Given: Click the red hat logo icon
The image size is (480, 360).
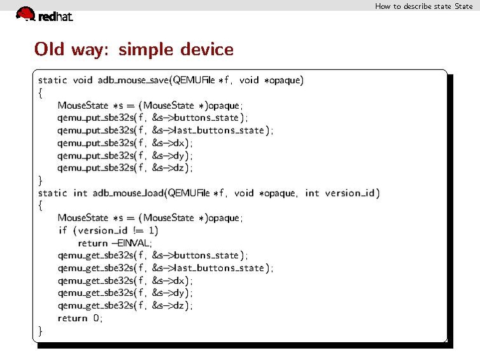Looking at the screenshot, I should pos(25,13).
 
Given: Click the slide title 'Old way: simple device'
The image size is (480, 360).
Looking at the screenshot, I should pos(134,49).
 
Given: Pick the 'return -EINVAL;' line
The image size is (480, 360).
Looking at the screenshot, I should pos(115,243).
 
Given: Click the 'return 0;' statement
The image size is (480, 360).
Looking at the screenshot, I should pos(80,318).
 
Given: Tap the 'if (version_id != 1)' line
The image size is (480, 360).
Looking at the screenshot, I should pos(108,230).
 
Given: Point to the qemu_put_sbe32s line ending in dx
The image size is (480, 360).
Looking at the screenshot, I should pos(125,143).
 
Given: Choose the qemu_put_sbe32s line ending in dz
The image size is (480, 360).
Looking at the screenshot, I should pos(125,168).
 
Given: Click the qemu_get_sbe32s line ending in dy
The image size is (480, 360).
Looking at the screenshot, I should pos(125,293).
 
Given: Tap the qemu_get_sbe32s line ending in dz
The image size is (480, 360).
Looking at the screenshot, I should pos(125,305).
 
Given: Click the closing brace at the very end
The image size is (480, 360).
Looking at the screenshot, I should pos(41,331).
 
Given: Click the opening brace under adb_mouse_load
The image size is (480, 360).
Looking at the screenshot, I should pos(41,205).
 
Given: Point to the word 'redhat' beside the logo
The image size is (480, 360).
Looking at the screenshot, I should pos(55,17).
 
